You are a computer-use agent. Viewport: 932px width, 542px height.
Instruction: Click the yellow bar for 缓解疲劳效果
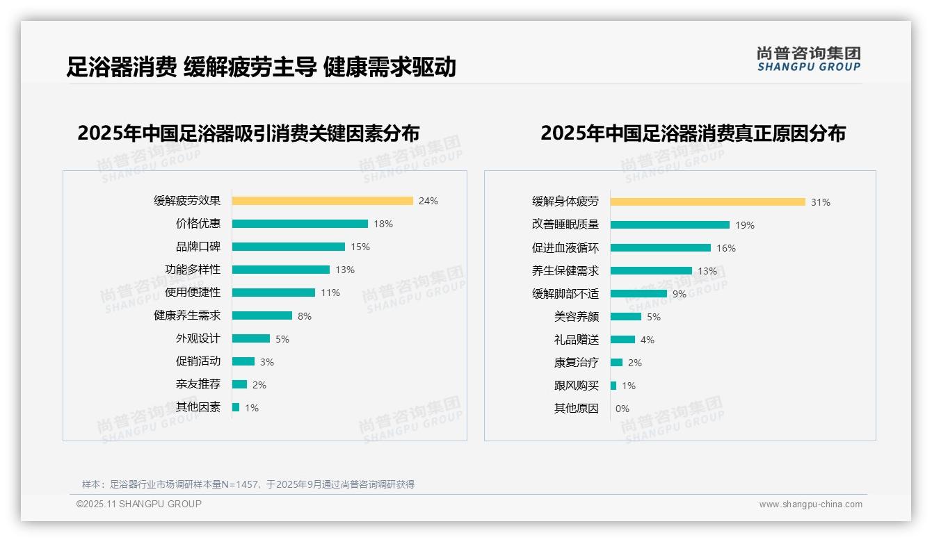click(x=322, y=201)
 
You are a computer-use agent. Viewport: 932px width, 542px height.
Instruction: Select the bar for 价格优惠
click(x=300, y=224)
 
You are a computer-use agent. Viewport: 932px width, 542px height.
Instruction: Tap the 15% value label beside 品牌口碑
click(x=360, y=247)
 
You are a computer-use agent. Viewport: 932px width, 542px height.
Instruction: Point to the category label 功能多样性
click(x=193, y=270)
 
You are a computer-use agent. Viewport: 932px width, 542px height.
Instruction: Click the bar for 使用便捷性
click(x=273, y=293)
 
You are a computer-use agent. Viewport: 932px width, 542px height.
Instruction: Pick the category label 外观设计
click(x=198, y=338)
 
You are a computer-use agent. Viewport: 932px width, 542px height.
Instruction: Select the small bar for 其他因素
click(x=236, y=407)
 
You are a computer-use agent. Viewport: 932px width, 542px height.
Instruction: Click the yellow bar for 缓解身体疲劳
click(x=707, y=202)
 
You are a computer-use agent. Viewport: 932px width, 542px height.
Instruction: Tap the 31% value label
click(x=821, y=202)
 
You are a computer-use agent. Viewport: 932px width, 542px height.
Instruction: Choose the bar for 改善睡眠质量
click(x=670, y=225)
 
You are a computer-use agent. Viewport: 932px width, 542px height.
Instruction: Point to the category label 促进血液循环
click(x=565, y=248)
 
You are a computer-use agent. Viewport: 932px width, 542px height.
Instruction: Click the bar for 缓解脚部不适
click(x=638, y=294)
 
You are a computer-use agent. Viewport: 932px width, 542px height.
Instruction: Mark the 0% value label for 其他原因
click(x=622, y=409)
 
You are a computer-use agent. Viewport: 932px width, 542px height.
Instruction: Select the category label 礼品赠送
click(x=577, y=340)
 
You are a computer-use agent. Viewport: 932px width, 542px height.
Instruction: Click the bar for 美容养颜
click(x=626, y=317)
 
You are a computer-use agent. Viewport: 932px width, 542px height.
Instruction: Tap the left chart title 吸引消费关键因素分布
click(x=248, y=133)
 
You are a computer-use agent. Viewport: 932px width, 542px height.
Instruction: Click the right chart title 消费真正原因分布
click(x=693, y=133)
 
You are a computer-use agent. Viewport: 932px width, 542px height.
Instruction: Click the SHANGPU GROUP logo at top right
click(x=808, y=59)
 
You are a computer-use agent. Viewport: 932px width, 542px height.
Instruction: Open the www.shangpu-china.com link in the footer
click(x=810, y=504)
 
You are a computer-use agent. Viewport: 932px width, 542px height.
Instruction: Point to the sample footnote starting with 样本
click(x=248, y=484)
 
